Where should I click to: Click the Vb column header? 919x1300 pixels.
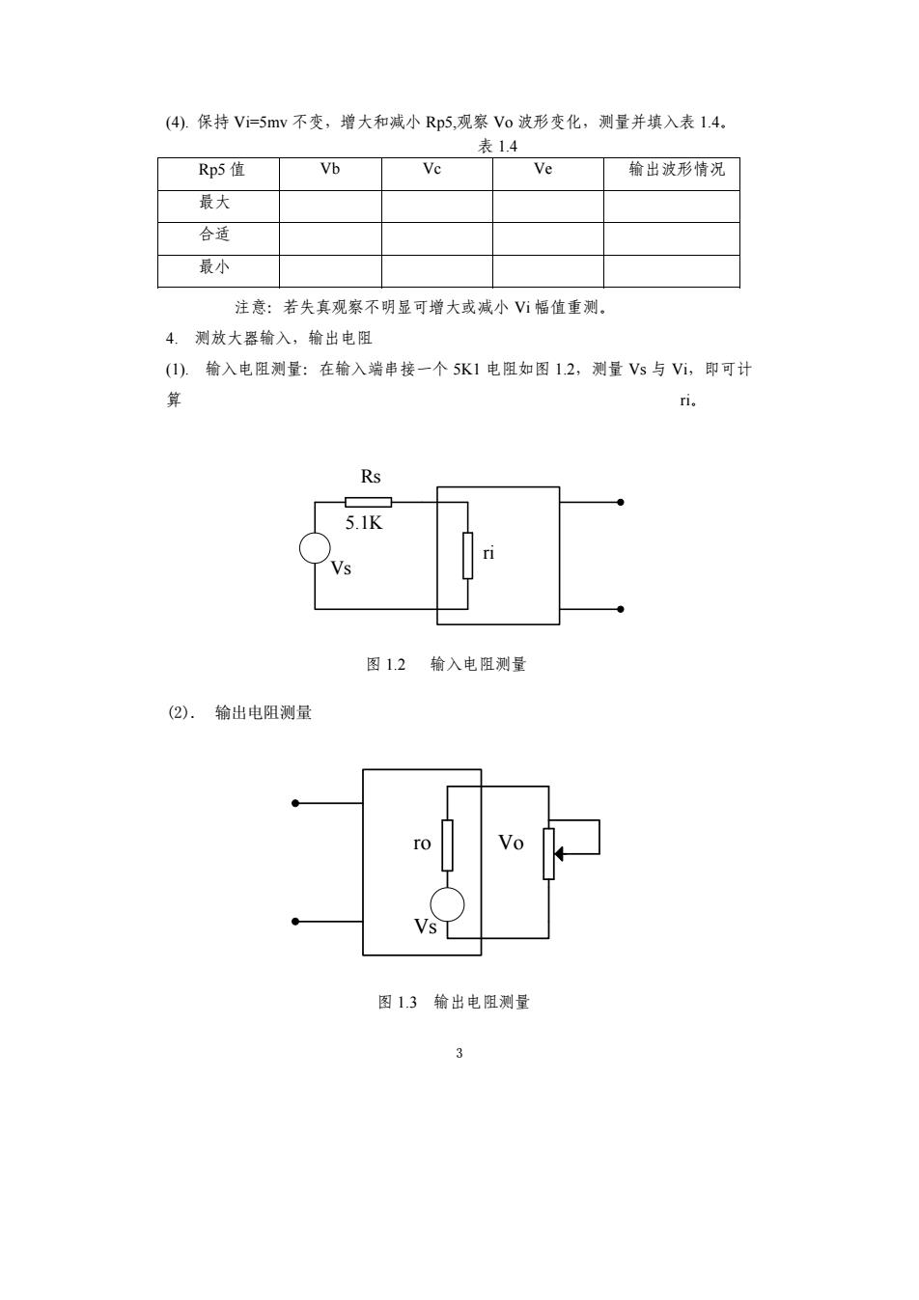tap(330, 169)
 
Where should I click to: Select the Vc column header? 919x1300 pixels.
tap(432, 169)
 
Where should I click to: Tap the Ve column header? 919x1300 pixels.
tap(543, 169)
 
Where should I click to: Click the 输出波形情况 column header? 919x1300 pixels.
tap(677, 169)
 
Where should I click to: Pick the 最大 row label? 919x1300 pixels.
tap(214, 202)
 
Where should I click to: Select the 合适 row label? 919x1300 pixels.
tap(214, 234)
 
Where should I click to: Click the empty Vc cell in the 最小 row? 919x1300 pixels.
tap(437, 271)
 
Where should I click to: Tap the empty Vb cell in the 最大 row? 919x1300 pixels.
tap(330, 206)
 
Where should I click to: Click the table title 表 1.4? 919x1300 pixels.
tap(497, 147)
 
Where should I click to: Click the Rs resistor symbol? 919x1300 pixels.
tap(368, 502)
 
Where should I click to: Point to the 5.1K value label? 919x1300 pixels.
tap(364, 523)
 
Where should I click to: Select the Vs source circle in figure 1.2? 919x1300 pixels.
tap(315, 548)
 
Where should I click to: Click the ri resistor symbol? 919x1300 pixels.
tap(467, 555)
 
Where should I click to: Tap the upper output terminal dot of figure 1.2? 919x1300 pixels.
tap(621, 502)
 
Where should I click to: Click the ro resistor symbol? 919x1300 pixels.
tap(447, 845)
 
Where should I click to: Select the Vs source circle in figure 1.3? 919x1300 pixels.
tap(447, 904)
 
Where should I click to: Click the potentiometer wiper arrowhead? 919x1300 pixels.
tap(559, 854)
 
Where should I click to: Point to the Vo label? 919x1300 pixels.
tap(511, 843)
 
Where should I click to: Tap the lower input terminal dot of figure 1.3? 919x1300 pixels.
tap(295, 922)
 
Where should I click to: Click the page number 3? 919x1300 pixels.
tap(459, 1053)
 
